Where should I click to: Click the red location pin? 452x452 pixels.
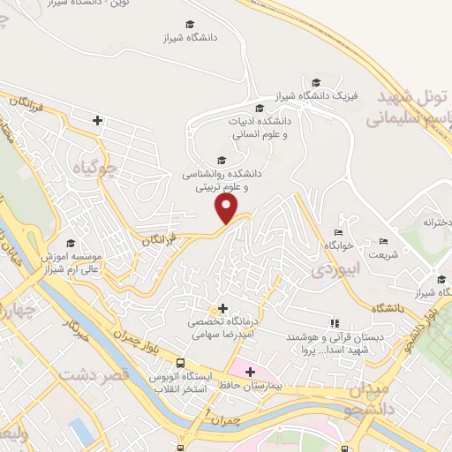click(x=228, y=209)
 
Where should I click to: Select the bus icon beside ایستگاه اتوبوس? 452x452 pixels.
click(x=180, y=363)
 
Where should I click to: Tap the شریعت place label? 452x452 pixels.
click(x=383, y=255)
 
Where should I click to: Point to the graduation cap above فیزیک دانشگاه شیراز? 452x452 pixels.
click(x=316, y=81)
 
